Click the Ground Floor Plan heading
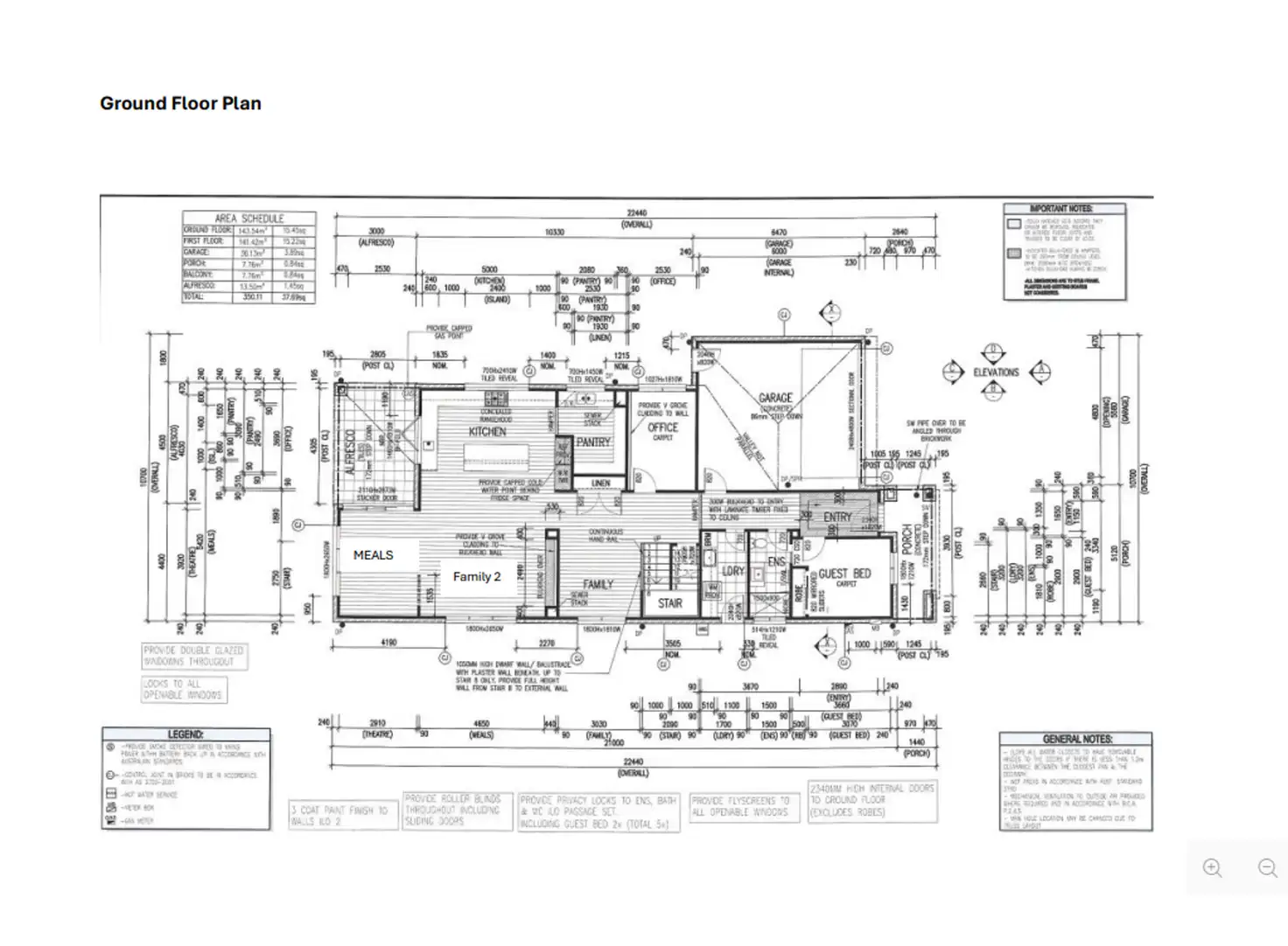point(180,103)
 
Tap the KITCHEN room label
point(487,431)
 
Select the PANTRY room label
point(593,442)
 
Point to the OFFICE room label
point(662,428)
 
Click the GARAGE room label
point(775,398)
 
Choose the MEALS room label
point(373,555)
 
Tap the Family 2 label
point(477,576)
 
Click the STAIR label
point(670,603)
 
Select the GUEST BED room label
point(844,574)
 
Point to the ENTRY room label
point(837,517)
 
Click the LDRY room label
point(733,571)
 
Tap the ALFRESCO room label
point(352,452)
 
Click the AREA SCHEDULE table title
point(249,219)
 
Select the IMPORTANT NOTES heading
point(1061,209)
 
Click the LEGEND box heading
point(185,734)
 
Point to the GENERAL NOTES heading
point(1077,739)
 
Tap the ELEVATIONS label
point(996,372)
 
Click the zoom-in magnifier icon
point(1213,868)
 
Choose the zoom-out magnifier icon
point(1267,868)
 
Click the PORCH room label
point(907,542)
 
